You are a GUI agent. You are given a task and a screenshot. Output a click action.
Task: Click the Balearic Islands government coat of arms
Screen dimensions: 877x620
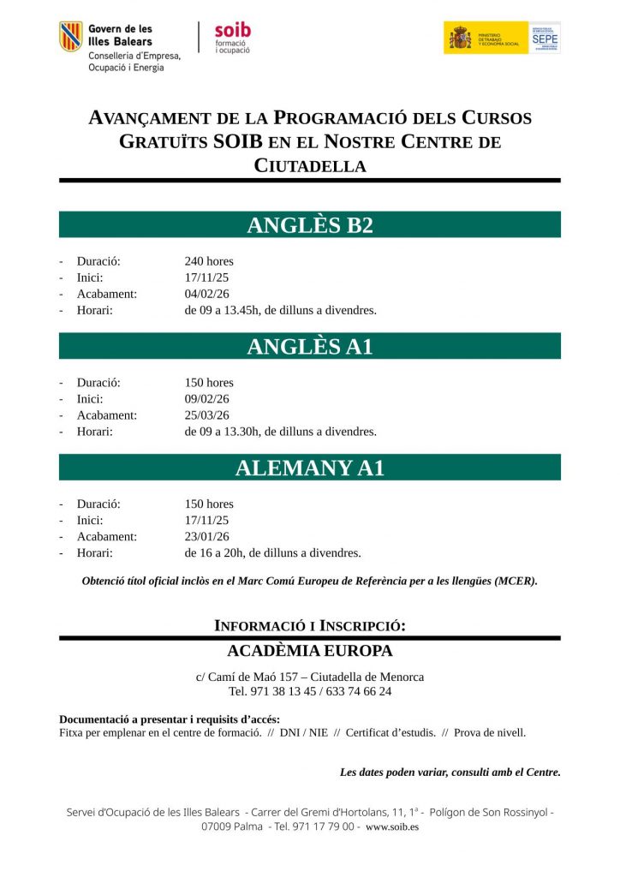coord(71,37)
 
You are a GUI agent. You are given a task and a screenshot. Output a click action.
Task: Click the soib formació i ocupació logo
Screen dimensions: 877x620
coord(232,37)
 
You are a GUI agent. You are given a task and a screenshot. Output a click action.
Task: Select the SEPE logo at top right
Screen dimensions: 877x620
coord(545,38)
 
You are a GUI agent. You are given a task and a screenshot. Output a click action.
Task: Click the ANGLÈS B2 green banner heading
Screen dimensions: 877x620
coord(310,225)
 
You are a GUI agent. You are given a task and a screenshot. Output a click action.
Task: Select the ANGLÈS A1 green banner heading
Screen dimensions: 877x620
coord(310,347)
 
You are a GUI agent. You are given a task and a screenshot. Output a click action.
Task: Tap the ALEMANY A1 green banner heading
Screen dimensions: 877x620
coord(310,468)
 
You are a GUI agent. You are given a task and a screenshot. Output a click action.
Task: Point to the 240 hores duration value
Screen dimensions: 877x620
coord(209,261)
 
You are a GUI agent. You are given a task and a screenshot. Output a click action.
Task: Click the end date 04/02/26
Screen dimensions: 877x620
coord(207,294)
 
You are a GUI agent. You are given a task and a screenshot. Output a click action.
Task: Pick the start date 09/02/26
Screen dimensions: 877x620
coord(207,399)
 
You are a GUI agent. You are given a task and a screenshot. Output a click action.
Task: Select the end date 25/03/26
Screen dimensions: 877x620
coord(207,415)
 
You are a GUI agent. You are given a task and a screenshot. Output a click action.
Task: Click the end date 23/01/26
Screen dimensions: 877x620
coord(207,537)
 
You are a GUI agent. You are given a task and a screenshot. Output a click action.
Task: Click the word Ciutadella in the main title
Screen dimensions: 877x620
coord(310,166)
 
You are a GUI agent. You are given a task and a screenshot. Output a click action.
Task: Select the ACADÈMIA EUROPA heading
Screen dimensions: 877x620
coord(310,651)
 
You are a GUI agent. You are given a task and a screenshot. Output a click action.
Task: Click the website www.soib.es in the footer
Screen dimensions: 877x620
coord(392,827)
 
